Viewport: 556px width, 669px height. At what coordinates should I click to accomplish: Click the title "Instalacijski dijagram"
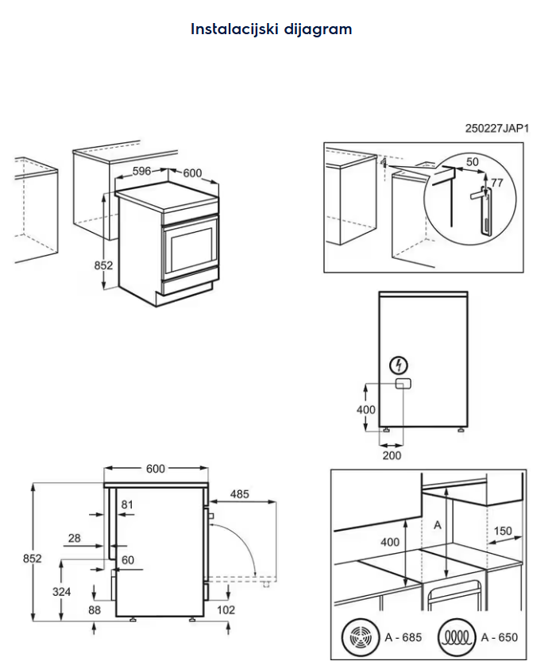pos(271,29)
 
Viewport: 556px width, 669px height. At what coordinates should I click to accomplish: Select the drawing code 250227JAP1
pos(497,128)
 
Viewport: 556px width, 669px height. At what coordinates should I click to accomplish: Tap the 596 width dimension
pos(142,170)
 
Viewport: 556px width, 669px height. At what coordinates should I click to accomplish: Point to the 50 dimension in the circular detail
pos(472,162)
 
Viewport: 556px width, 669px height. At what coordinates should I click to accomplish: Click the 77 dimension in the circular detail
pos(496,184)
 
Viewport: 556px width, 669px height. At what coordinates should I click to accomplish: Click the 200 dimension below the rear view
pos(392,455)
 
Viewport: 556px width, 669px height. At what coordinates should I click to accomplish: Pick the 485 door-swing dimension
pos(239,494)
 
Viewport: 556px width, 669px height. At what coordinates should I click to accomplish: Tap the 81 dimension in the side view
pos(127,504)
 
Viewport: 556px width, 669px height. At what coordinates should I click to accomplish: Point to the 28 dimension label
pos(74,538)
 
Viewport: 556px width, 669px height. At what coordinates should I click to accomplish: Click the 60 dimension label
pos(127,560)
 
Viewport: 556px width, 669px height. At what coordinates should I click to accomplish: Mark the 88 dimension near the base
pos(95,610)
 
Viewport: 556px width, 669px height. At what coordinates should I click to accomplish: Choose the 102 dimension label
pos(226,610)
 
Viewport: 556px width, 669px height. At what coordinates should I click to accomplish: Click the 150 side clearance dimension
pos(502,531)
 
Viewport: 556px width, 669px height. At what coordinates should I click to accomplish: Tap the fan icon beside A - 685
pos(357,637)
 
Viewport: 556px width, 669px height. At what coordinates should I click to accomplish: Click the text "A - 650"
pos(499,637)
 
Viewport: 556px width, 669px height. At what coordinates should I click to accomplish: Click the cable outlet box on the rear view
pos(403,384)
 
